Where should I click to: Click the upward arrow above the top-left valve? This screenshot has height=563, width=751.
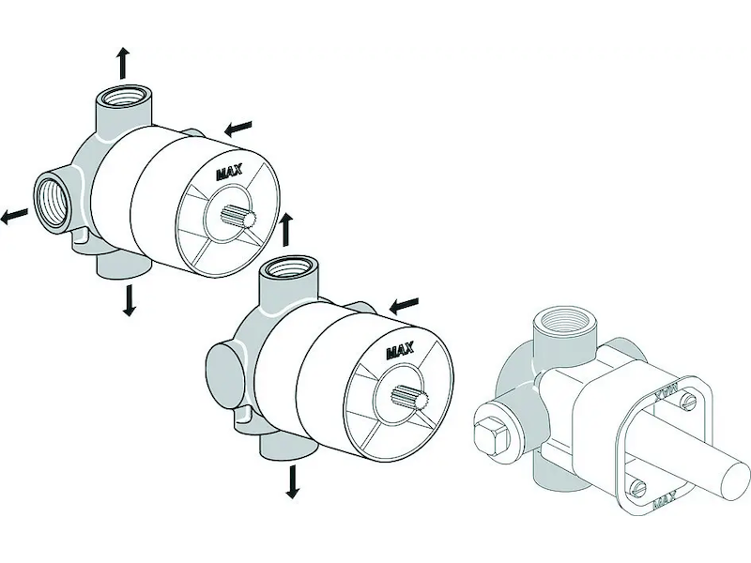pyautogui.click(x=124, y=63)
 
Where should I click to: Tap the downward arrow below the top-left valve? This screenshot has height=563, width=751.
pyautogui.click(x=128, y=300)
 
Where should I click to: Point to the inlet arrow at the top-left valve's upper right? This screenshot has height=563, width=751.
pyautogui.click(x=238, y=128)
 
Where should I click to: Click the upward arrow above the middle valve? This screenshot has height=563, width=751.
pyautogui.click(x=286, y=230)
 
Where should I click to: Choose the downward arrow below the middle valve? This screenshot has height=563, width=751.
pyautogui.click(x=292, y=481)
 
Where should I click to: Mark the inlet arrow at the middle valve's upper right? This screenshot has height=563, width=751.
pyautogui.click(x=405, y=304)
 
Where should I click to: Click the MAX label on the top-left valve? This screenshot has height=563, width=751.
pyautogui.click(x=229, y=173)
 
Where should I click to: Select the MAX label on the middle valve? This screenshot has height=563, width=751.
pyautogui.click(x=401, y=352)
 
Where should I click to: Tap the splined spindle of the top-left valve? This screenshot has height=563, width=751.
pyautogui.click(x=237, y=216)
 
